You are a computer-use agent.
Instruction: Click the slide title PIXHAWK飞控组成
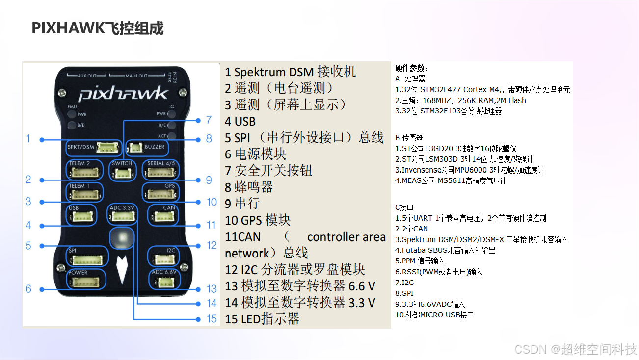(x=97, y=28)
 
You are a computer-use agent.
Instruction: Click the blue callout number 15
(x=212, y=319)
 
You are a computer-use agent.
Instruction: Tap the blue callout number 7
(x=209, y=120)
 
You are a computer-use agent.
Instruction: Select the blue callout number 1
(x=28, y=139)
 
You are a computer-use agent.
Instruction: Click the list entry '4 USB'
(x=240, y=121)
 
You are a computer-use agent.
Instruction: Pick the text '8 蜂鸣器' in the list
(x=249, y=187)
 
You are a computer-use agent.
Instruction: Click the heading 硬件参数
(x=412, y=68)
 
